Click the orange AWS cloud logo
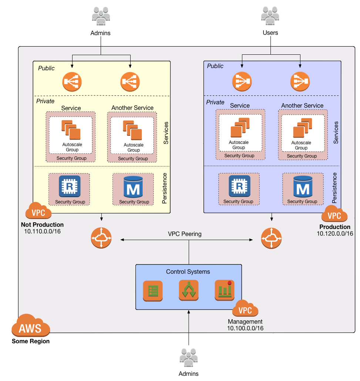tap(30, 326)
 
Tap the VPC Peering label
tap(185, 234)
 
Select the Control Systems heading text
tap(188, 272)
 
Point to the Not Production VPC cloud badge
tap(38, 211)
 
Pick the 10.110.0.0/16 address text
tap(42, 231)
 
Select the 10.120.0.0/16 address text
tap(335, 233)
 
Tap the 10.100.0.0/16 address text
tap(245, 328)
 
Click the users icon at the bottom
tap(188, 357)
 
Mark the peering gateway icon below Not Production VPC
tap(101, 238)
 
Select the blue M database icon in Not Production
tap(133, 187)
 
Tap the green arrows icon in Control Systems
tap(189, 290)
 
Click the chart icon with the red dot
tap(225, 290)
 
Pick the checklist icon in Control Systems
tap(153, 291)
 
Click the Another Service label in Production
tap(302, 105)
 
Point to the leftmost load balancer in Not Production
tap(72, 82)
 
